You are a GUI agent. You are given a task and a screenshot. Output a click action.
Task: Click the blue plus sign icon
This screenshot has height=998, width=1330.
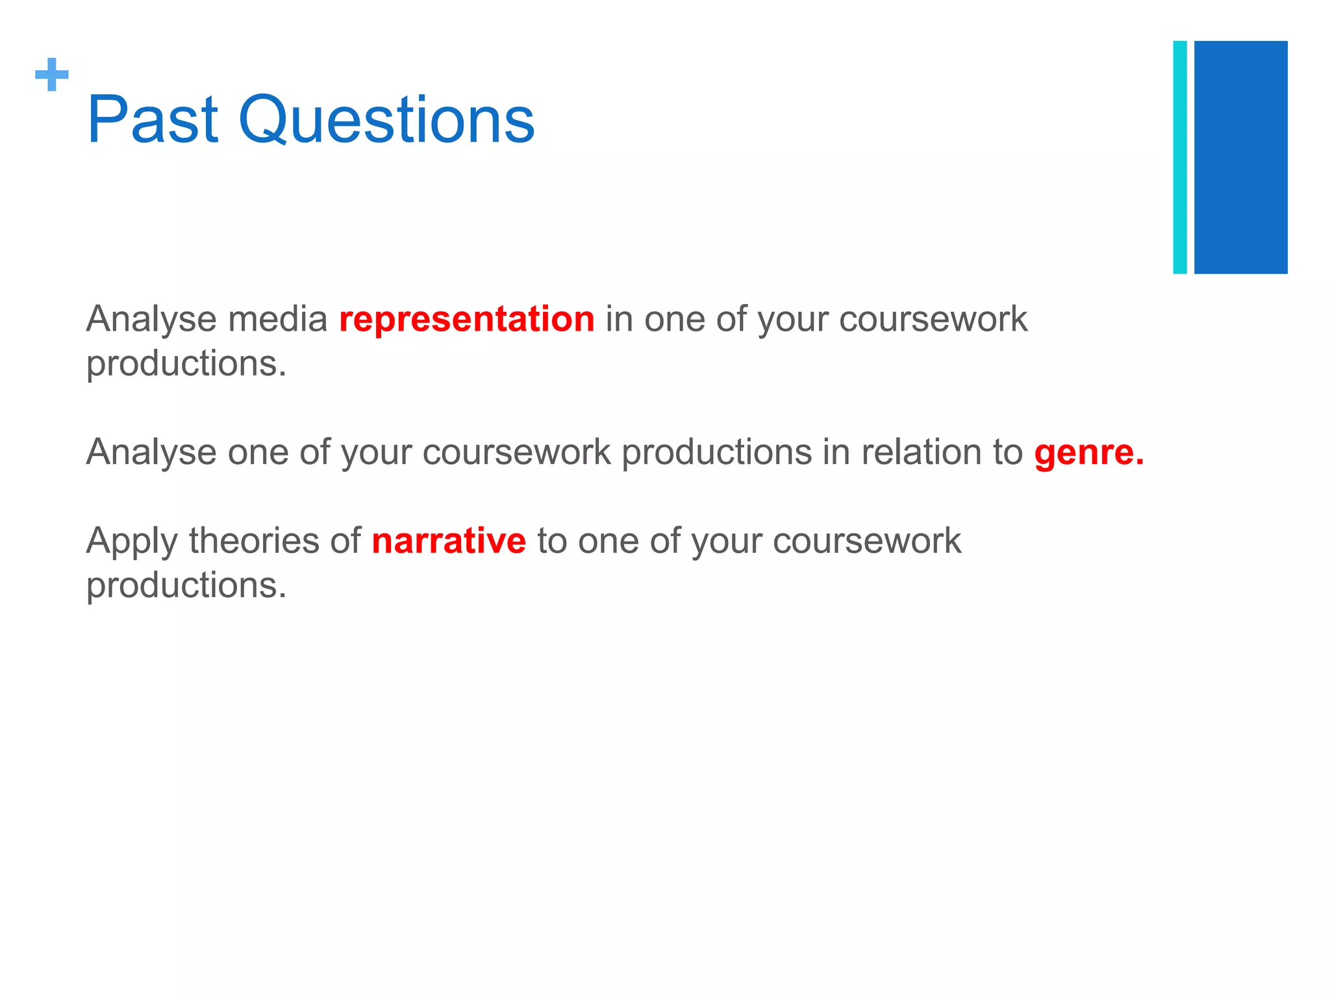click(x=52, y=75)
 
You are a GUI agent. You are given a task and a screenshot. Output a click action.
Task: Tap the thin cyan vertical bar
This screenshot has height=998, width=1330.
click(x=1179, y=157)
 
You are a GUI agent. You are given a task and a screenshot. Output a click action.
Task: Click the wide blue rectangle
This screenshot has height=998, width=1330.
click(x=1240, y=157)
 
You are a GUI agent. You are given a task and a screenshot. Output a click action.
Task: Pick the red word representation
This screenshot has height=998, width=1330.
click(x=466, y=320)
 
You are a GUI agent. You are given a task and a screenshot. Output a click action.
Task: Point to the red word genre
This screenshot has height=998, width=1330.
click(x=1088, y=452)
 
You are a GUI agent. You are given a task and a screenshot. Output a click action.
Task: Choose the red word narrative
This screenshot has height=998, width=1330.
click(x=449, y=541)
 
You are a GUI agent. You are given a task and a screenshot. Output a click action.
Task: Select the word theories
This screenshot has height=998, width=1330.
click(x=254, y=541)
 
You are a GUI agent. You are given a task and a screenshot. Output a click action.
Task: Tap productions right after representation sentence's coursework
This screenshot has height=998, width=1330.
click(x=186, y=364)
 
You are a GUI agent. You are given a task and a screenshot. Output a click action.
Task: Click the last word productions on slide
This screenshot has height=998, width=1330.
click(x=186, y=586)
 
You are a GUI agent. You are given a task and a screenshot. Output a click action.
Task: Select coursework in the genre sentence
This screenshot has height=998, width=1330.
click(x=516, y=452)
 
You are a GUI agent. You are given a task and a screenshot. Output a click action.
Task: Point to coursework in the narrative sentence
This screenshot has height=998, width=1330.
click(x=866, y=541)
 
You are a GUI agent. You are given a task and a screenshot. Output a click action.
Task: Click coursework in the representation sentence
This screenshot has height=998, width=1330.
click(x=933, y=320)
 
